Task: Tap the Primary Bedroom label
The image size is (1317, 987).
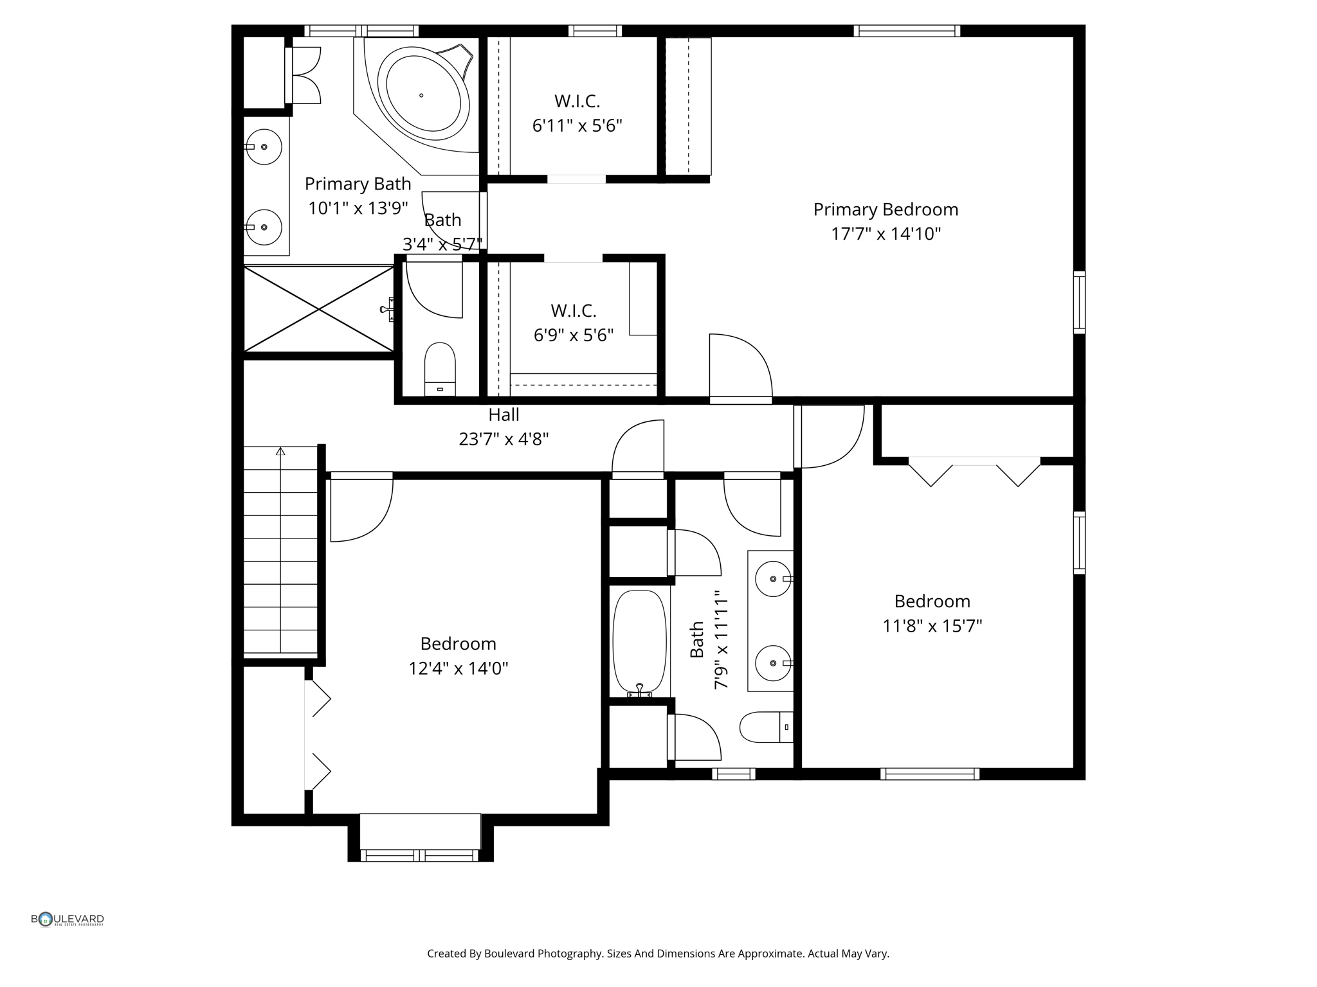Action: point(886,209)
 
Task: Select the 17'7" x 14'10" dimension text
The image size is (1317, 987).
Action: point(886,234)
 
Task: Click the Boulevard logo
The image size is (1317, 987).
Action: point(68,920)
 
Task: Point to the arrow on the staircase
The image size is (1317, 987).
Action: point(280,452)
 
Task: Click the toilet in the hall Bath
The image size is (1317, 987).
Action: point(765,727)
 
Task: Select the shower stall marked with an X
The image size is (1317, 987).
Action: point(319,310)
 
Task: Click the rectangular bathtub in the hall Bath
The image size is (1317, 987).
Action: point(639,643)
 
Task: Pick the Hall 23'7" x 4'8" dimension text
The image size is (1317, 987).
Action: point(504,440)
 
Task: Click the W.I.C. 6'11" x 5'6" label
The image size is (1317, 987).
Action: point(577,113)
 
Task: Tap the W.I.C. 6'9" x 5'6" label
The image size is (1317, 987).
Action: point(573,323)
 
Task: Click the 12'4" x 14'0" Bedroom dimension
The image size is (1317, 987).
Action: point(458,669)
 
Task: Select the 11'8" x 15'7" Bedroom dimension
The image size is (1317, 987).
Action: point(932,626)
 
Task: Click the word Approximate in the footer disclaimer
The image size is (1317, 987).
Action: point(773,954)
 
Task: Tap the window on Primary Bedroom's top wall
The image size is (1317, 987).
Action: point(907,31)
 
